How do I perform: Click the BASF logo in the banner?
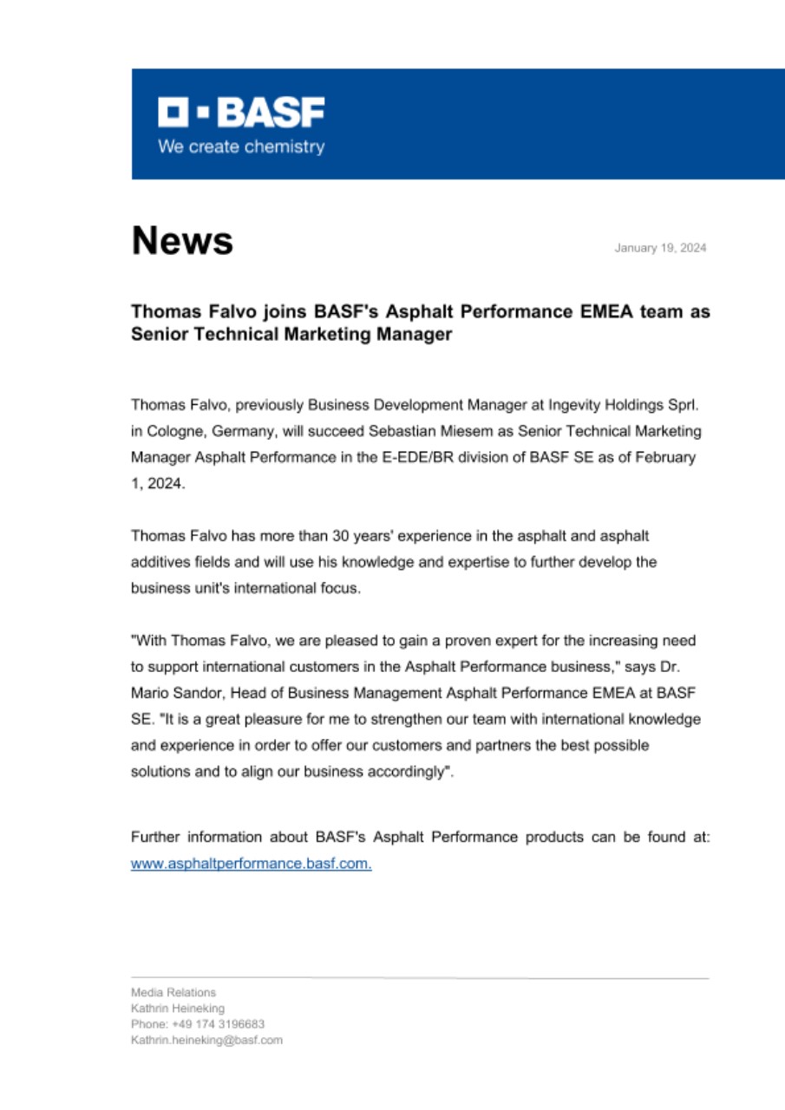click(x=241, y=114)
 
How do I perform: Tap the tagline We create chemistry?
click(x=240, y=147)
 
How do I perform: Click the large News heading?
click(x=182, y=240)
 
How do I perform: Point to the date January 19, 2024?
click(x=660, y=248)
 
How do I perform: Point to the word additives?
click(x=160, y=562)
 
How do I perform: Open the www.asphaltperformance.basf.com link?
click(x=251, y=864)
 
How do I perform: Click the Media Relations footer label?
click(x=173, y=992)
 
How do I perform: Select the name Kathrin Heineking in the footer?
click(x=178, y=1008)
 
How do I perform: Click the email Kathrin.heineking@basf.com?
click(x=206, y=1040)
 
